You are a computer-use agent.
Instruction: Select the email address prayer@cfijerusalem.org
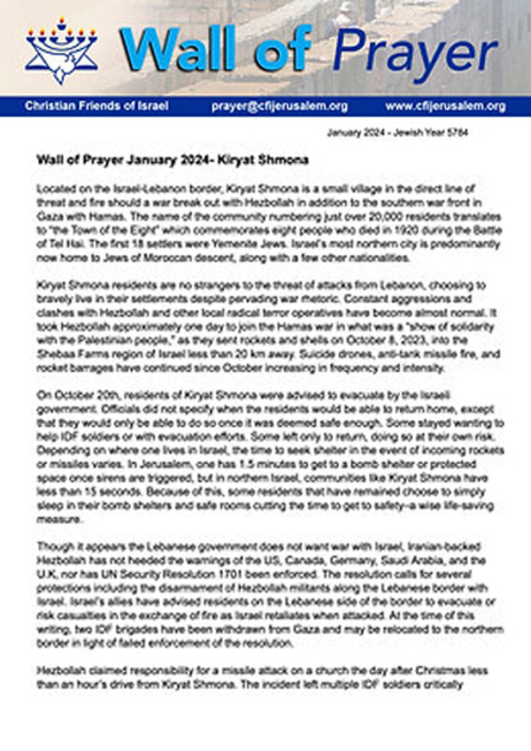pyautogui.click(x=280, y=105)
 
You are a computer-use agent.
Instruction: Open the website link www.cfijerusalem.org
pyautogui.click(x=445, y=105)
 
